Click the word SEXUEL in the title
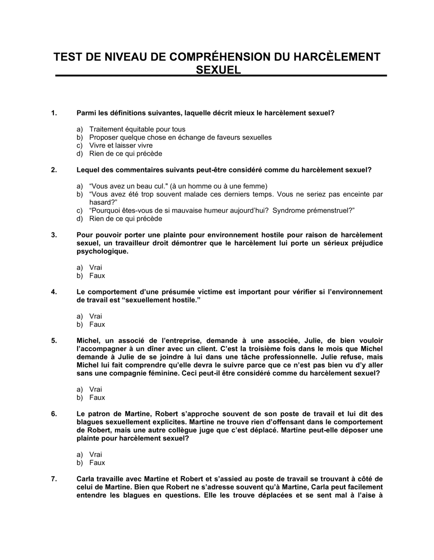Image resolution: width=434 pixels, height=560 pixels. (218, 70)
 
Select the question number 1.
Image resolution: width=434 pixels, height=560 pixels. (54, 113)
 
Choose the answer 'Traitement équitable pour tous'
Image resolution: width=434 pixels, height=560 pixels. (137, 129)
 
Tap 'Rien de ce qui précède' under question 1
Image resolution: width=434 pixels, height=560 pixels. (125, 154)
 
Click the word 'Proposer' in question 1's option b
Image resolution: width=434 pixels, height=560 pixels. (103, 138)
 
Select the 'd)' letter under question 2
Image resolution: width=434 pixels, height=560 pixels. (80, 219)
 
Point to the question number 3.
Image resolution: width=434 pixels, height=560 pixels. (54, 235)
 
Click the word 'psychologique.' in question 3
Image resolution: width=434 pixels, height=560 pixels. (102, 251)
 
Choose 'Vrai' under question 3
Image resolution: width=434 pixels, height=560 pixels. (95, 267)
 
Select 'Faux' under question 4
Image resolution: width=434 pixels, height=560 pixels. (97, 324)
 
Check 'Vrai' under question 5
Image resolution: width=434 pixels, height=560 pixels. (95, 389)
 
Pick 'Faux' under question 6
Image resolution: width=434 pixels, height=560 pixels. (97, 463)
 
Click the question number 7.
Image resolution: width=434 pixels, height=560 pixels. (54, 479)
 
